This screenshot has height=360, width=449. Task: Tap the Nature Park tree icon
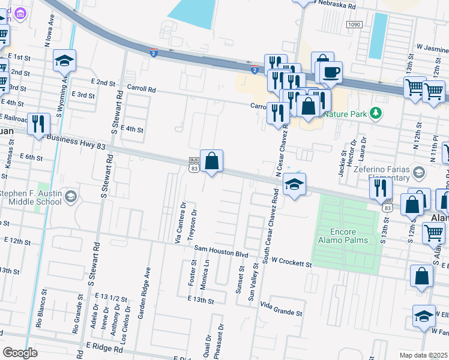click(x=376, y=113)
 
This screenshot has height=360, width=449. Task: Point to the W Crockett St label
click(x=291, y=263)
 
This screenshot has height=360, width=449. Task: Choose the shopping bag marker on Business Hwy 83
click(x=211, y=161)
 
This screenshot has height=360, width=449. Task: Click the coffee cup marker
click(x=330, y=73)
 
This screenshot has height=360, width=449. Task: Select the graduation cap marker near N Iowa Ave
click(x=64, y=61)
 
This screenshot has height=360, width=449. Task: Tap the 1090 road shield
click(x=354, y=24)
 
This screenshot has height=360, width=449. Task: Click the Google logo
click(x=20, y=352)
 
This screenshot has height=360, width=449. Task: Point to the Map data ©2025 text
click(x=423, y=355)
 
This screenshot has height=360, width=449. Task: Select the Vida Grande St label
click(x=281, y=312)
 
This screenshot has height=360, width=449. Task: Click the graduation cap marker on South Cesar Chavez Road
click(x=294, y=184)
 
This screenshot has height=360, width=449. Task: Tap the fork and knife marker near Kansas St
click(x=38, y=124)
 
